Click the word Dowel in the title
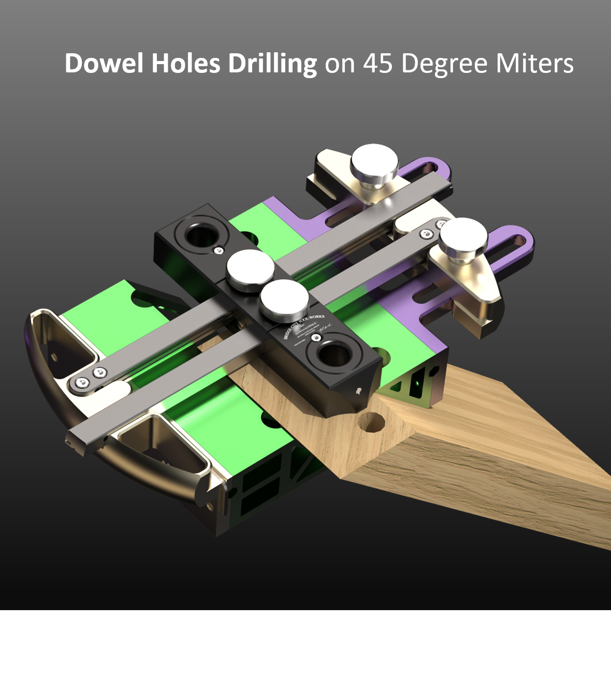coord(104,64)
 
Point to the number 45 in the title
coord(378,64)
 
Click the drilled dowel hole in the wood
coord(372,423)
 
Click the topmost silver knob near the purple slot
coord(374,161)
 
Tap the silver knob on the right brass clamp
coord(463,236)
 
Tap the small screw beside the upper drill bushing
coord(218,251)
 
